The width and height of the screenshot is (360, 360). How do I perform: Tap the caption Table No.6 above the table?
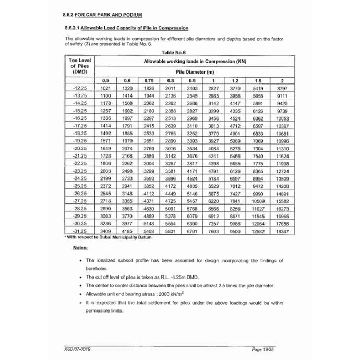click(x=174, y=52)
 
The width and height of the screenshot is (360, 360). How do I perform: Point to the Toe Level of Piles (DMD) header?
click(x=80, y=66)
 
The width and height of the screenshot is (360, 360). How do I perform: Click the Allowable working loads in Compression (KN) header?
click(x=195, y=61)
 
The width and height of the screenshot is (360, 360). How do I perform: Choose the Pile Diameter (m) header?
click(x=195, y=71)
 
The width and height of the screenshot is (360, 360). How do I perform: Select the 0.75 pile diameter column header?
click(x=149, y=81)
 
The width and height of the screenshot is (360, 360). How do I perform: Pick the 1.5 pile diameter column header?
click(x=258, y=81)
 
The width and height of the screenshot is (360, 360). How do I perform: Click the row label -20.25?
click(x=80, y=149)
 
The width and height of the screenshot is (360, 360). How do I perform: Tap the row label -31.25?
click(x=80, y=230)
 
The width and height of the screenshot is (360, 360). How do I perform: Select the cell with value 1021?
click(x=105, y=89)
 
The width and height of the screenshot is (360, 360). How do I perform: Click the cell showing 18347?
click(x=282, y=230)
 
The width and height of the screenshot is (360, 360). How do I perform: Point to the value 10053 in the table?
click(x=282, y=118)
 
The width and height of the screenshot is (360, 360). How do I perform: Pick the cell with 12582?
click(x=258, y=230)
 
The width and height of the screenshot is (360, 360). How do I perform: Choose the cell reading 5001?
click(x=170, y=208)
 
